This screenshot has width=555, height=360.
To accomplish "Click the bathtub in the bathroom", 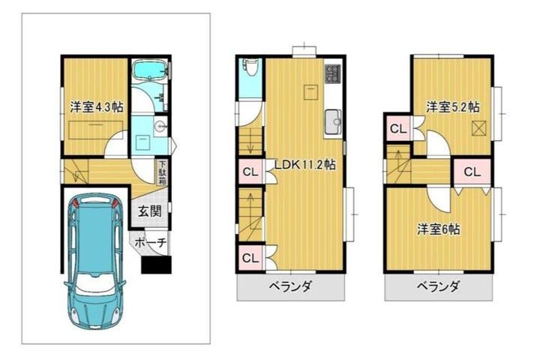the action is click(149, 70).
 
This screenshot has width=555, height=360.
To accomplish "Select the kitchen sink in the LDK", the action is click(333, 122).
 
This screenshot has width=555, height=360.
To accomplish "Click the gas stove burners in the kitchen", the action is click(333, 74).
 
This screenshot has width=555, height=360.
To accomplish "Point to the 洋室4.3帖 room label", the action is click(96, 106).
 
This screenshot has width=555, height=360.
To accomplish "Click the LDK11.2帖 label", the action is click(305, 164).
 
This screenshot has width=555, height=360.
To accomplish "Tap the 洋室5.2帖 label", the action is click(453, 106).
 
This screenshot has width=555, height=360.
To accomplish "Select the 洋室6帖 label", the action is click(439, 229).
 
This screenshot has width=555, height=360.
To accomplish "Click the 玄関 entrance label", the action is click(150, 211).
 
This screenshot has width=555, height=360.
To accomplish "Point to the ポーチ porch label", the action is click(151, 243).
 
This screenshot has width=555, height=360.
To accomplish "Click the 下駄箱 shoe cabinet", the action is click(162, 172).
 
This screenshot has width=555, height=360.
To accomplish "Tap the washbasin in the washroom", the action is click(160, 126).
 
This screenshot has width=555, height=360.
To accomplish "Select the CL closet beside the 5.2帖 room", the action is click(398, 129).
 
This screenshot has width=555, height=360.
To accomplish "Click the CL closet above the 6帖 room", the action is click(472, 172).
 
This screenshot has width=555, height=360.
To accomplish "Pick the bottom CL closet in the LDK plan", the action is click(250, 258).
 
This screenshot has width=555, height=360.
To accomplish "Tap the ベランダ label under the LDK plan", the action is click(290, 286).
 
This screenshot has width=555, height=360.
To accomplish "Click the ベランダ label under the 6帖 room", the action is click(438, 286).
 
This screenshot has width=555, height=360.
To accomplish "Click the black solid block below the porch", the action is click(156, 265).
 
